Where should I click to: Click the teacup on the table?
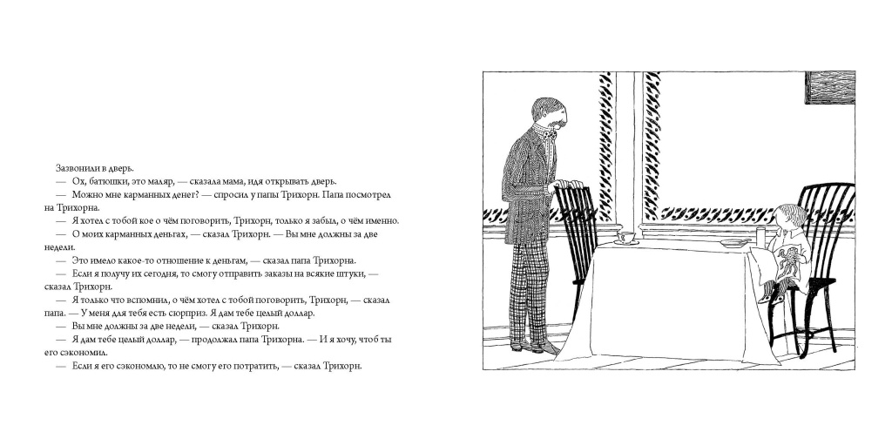pos(624,238)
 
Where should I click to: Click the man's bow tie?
pos(549,135)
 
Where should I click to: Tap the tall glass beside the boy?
pos(760,235)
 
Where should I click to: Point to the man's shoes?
pos(530,346)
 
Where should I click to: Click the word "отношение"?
pos(179,260)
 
